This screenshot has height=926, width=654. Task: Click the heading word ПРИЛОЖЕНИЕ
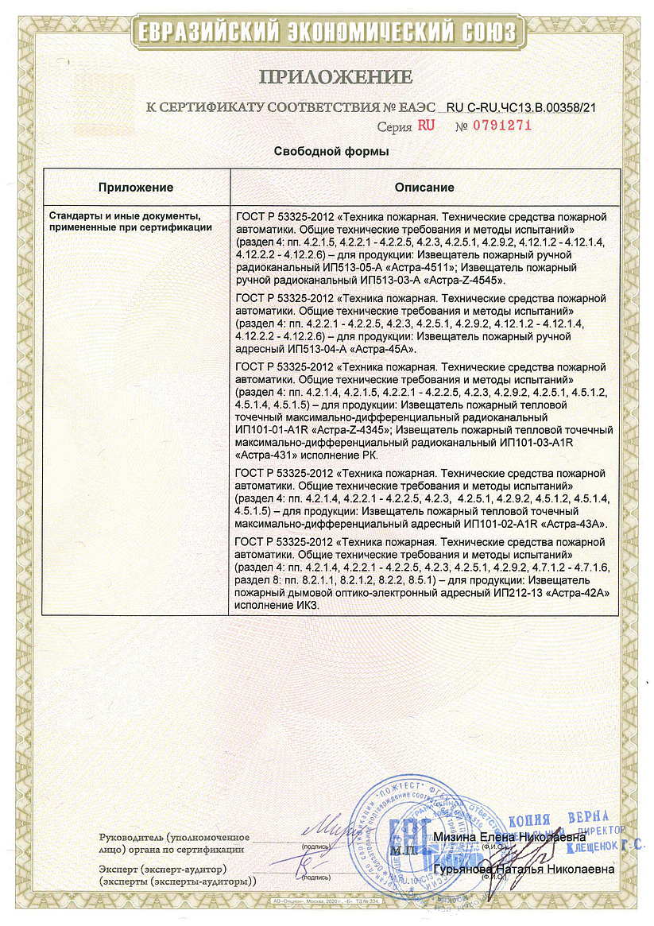click(x=335, y=77)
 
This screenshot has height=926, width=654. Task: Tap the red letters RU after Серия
click(x=426, y=126)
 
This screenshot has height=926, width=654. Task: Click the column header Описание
click(x=424, y=188)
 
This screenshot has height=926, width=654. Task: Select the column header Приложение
click(x=136, y=188)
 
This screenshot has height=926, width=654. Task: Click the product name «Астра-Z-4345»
click(x=349, y=431)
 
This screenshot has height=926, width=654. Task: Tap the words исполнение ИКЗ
click(x=275, y=605)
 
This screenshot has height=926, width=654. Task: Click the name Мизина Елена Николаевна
click(x=509, y=837)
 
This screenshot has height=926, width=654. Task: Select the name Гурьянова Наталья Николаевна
click(x=524, y=870)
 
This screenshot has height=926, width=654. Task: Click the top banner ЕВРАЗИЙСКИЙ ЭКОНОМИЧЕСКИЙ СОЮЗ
click(x=327, y=32)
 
